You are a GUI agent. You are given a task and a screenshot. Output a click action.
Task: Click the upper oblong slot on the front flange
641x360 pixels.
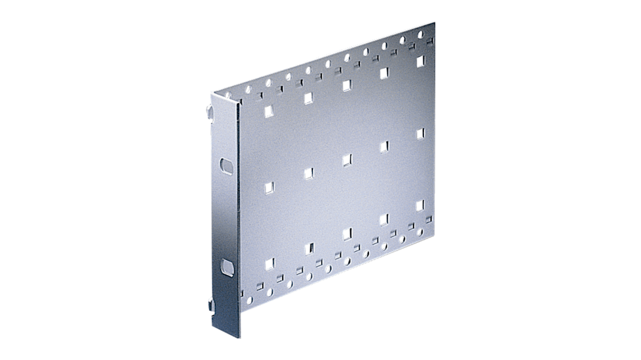click(x=227, y=166)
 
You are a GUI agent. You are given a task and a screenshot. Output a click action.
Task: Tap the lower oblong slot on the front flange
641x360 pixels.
click(x=227, y=268)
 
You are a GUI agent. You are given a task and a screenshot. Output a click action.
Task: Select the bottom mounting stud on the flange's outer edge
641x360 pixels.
click(x=211, y=306)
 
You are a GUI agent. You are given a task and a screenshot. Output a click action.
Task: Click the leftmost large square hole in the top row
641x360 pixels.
click(x=269, y=111)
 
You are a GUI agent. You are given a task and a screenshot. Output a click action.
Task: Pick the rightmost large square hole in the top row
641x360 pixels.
click(x=420, y=61)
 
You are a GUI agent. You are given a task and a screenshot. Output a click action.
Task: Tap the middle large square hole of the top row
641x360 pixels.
click(x=347, y=85)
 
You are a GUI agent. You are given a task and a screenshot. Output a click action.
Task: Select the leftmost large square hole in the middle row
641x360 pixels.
click(x=269, y=187)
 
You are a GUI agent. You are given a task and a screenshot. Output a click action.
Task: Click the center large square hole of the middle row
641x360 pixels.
click(x=347, y=160)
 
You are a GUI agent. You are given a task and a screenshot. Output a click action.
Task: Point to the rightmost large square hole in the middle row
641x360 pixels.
click(x=420, y=134)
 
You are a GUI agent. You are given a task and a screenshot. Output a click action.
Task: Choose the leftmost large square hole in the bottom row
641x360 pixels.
click(x=269, y=264)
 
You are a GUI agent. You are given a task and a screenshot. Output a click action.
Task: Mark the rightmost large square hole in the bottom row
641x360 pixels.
click(x=420, y=206)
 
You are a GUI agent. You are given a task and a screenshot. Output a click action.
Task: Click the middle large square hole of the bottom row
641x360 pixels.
click(x=347, y=234)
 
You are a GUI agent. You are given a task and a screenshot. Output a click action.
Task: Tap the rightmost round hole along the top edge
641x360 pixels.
click(x=421, y=34)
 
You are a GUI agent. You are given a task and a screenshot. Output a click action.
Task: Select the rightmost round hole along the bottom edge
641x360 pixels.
click(x=420, y=232)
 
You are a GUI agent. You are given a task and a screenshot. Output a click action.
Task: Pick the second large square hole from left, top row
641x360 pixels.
click(x=309, y=98)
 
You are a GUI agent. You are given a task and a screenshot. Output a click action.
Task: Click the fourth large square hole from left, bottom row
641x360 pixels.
click(x=384, y=220)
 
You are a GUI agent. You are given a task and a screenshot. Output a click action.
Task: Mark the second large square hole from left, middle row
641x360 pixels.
click(x=309, y=173)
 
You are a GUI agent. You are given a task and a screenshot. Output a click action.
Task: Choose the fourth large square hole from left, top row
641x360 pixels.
click(x=384, y=73)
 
